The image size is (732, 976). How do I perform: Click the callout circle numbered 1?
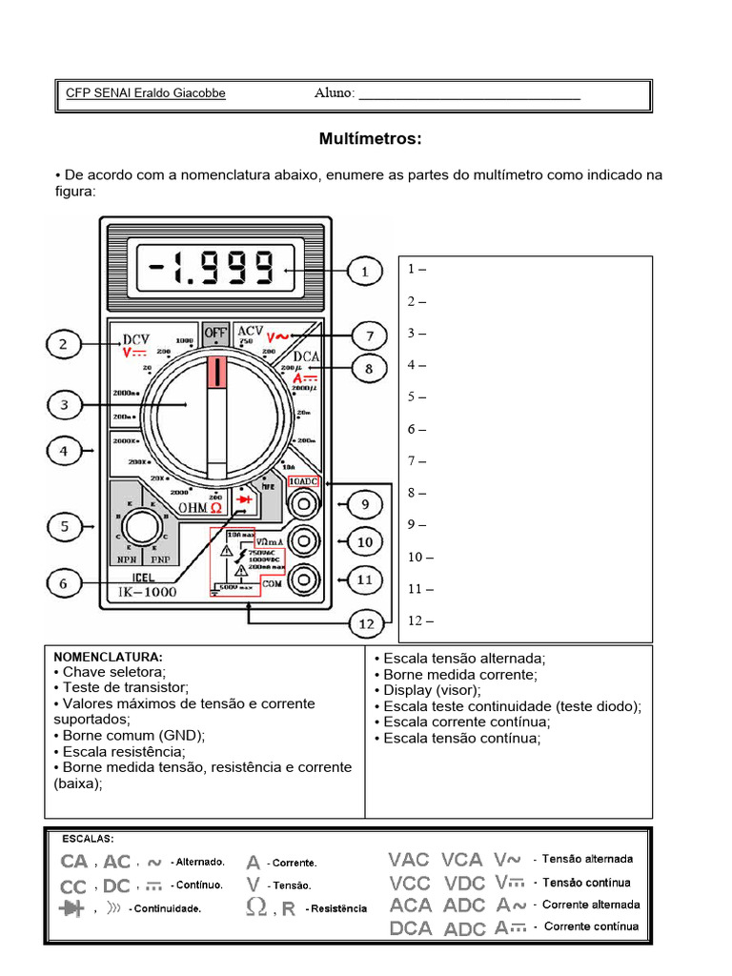tap(364, 272)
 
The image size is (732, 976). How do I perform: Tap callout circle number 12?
tap(364, 625)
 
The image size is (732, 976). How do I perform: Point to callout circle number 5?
tap(64, 525)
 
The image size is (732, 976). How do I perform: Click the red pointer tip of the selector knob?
tap(217, 373)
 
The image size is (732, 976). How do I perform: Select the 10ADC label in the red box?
tap(303, 482)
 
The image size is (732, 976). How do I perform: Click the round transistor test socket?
tap(144, 524)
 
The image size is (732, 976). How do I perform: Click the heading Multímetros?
tap(370, 139)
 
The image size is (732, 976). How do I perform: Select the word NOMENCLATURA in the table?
tap(108, 658)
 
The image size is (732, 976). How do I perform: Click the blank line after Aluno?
tap(469, 94)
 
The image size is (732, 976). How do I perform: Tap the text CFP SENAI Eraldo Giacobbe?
tap(146, 93)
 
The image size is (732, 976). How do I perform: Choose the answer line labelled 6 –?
tap(417, 429)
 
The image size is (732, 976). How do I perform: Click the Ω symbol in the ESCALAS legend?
tap(255, 906)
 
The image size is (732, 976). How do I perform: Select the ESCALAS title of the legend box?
tap(88, 839)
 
